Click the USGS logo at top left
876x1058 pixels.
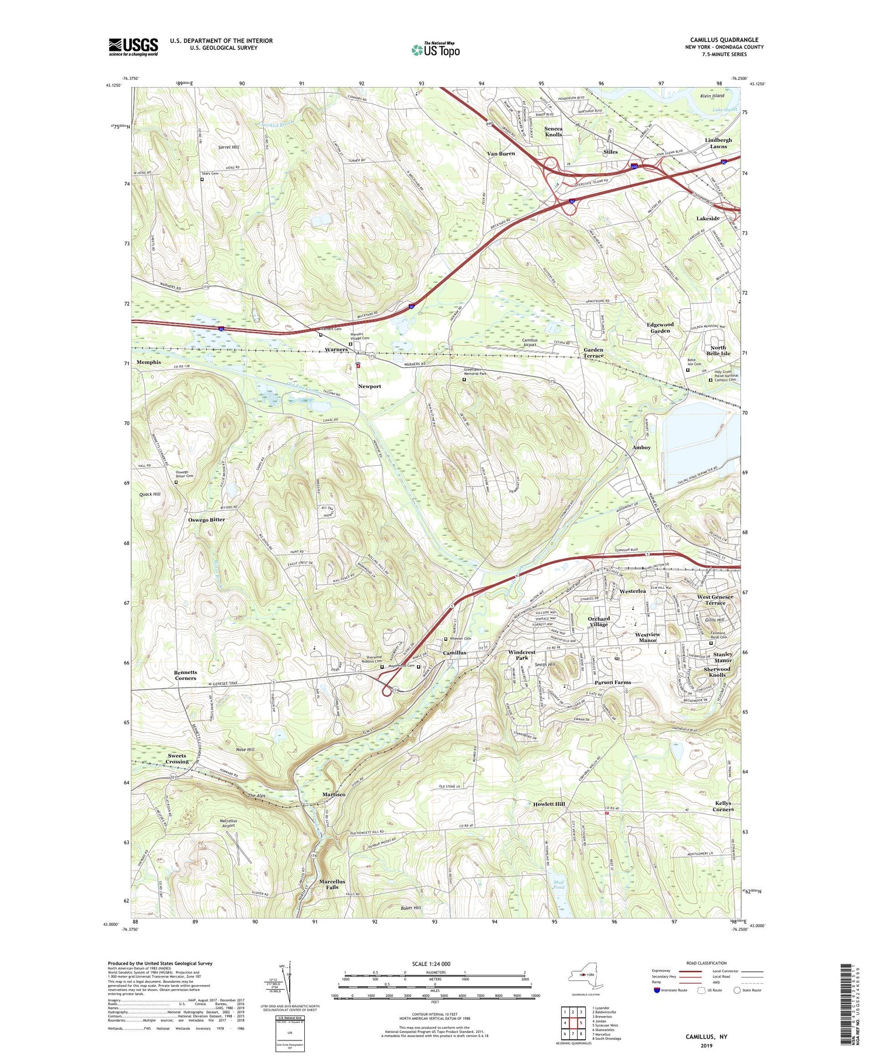click(133, 47)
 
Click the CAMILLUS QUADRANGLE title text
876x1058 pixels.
click(724, 40)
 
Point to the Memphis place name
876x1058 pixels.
click(148, 362)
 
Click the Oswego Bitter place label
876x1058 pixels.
click(206, 519)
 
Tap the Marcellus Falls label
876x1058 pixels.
click(332, 884)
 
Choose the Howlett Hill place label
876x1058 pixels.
click(548, 804)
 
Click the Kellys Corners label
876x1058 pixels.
click(722, 806)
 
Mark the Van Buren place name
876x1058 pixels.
click(501, 153)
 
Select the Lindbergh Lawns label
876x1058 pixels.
click(718, 144)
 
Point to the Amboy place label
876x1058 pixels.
click(641, 448)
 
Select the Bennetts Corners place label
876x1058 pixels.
click(185, 675)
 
